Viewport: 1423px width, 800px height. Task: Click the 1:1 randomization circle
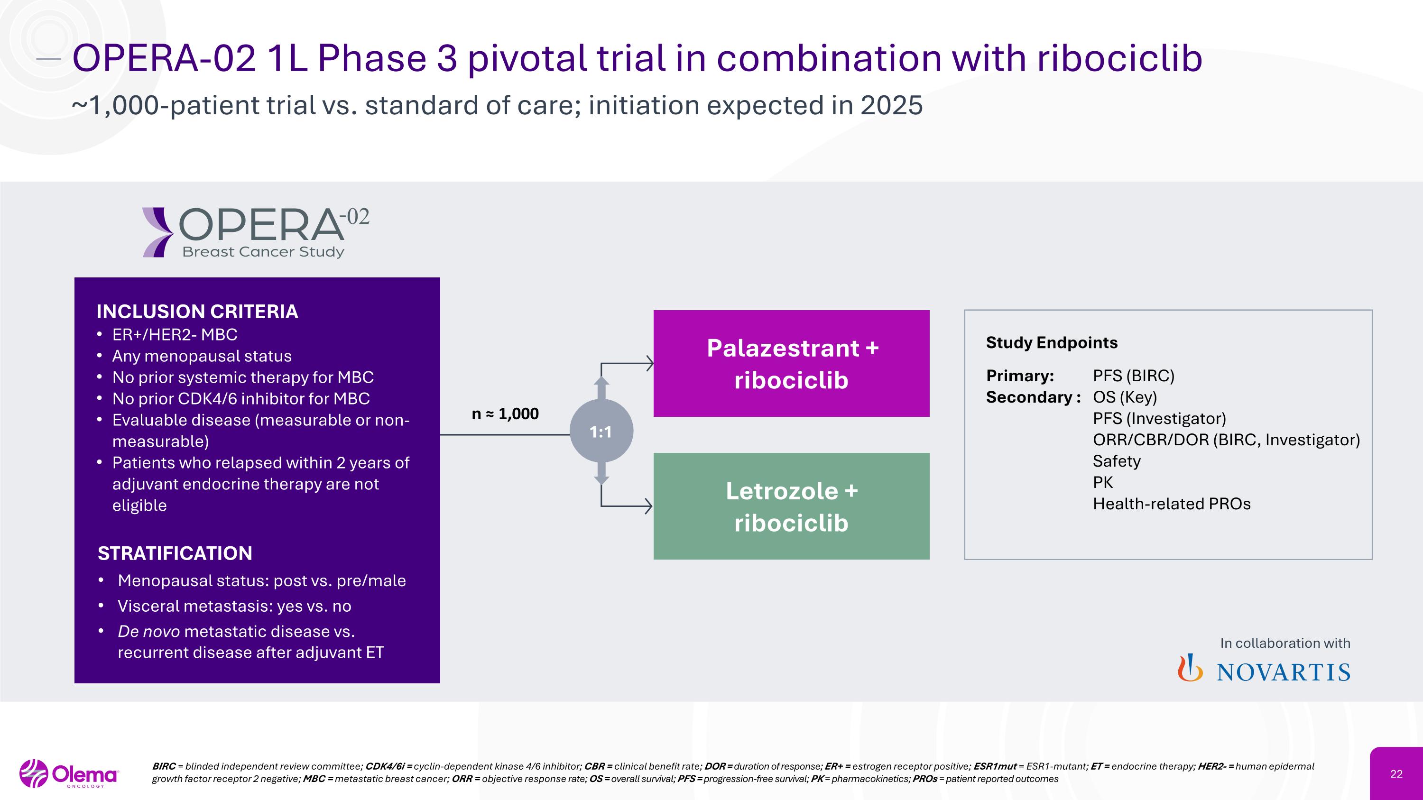point(601,431)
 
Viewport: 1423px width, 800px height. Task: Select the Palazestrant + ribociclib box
point(791,363)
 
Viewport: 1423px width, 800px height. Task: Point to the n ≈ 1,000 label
point(505,414)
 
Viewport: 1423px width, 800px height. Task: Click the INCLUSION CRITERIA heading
point(197,312)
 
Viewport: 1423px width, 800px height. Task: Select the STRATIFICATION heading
point(175,553)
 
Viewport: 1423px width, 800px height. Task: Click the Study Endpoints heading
point(1051,343)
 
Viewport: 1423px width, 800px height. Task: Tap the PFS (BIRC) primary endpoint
point(1133,376)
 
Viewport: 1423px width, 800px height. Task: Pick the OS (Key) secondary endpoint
point(1124,397)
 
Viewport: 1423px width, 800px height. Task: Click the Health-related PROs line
point(1171,504)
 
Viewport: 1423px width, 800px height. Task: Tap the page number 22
point(1396,774)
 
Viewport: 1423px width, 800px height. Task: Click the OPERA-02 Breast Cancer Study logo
point(255,232)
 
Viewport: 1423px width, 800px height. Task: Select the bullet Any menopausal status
point(202,356)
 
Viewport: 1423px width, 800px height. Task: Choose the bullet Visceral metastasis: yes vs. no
point(234,606)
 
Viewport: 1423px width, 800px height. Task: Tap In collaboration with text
point(1285,643)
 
